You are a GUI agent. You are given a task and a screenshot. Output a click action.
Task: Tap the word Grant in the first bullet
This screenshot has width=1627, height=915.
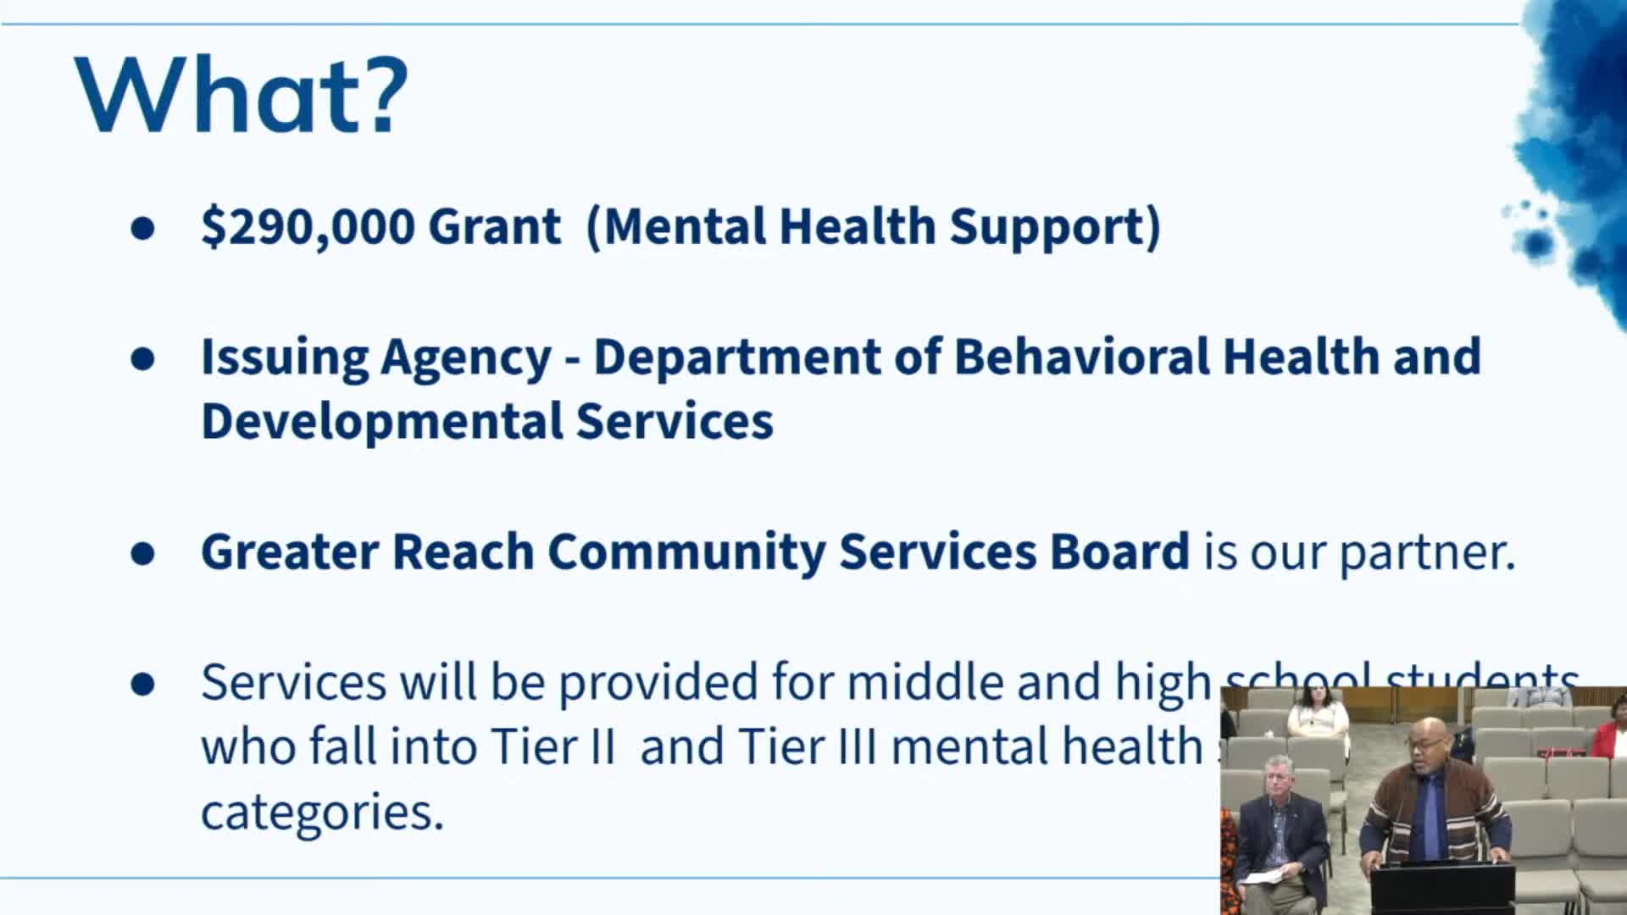click(494, 226)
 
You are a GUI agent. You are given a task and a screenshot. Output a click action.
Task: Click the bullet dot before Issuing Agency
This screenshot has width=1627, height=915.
click(143, 358)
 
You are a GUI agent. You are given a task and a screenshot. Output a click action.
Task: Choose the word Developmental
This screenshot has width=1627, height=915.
click(381, 421)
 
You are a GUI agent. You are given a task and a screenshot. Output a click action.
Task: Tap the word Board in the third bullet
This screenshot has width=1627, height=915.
click(1119, 552)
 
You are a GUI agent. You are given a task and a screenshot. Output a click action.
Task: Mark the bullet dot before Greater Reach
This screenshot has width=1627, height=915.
click(143, 553)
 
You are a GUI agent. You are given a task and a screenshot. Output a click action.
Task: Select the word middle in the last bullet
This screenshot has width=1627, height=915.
click(925, 682)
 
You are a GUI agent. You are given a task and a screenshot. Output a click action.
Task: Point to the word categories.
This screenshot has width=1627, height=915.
click(322, 812)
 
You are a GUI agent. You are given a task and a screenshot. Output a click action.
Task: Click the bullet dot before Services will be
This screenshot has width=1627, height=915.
click(143, 684)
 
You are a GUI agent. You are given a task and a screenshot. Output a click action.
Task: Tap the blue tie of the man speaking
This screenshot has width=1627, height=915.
click(1430, 813)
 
